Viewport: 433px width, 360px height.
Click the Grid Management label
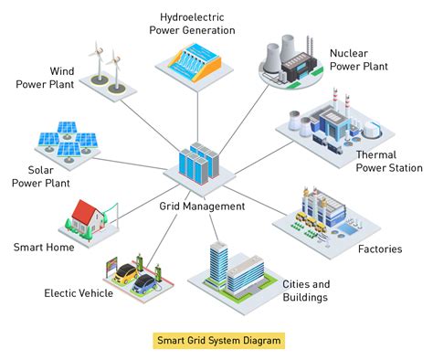(x=203, y=206)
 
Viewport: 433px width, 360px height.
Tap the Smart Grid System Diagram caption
(x=216, y=340)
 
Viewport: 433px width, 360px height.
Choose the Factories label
(x=379, y=249)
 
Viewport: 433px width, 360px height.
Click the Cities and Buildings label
(x=305, y=291)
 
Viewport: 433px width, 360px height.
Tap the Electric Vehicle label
(x=79, y=293)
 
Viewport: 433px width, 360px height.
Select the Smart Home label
(x=44, y=247)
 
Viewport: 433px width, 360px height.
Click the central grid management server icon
(x=201, y=164)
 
